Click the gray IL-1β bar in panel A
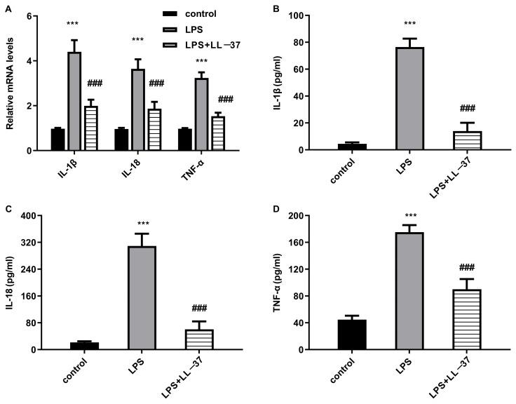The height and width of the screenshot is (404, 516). click(74, 101)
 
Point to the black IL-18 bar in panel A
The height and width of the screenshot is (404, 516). click(121, 140)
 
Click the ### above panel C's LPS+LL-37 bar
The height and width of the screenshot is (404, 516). click(199, 309)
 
